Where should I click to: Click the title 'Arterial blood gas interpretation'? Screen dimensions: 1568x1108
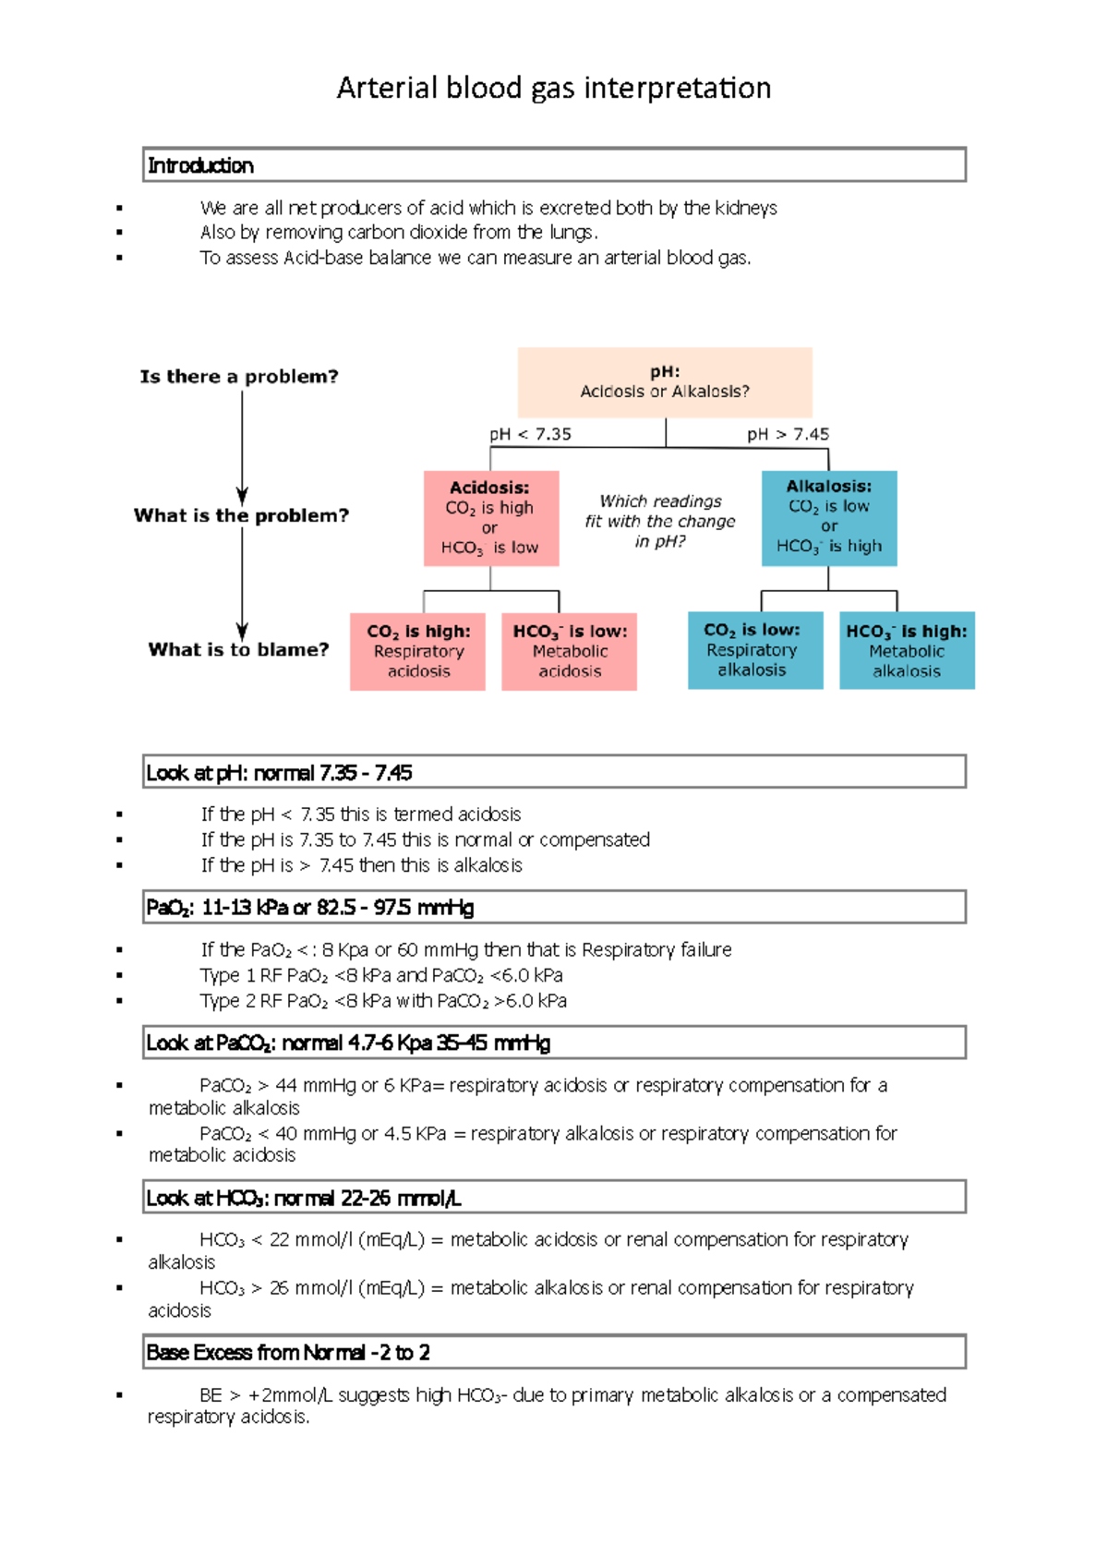[554, 89]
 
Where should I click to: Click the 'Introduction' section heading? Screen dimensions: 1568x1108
[201, 166]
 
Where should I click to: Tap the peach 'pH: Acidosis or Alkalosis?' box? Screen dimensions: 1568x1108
[665, 382]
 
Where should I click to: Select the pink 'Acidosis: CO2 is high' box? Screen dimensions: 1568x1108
[490, 518]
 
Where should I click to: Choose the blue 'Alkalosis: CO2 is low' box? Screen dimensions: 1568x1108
[829, 517]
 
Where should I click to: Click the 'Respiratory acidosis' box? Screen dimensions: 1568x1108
[418, 651]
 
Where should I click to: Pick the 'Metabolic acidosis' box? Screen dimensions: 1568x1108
[570, 651]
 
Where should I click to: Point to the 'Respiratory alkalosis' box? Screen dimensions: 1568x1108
[752, 650]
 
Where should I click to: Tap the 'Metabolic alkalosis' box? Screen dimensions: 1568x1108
[907, 651]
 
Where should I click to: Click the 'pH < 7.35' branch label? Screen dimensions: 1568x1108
[530, 434]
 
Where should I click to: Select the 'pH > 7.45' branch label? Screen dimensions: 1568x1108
[788, 434]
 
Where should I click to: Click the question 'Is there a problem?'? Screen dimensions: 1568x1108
[239, 377]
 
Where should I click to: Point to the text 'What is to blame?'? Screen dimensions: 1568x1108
[238, 650]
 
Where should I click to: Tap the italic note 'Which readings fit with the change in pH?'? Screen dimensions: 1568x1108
[660, 522]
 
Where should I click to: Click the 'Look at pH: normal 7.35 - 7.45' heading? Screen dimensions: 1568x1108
[279, 773]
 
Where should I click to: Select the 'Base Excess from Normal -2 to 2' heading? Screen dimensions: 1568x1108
[288, 1353]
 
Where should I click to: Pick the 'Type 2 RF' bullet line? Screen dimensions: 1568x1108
[383, 1001]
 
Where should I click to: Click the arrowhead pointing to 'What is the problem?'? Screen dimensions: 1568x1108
[242, 496]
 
